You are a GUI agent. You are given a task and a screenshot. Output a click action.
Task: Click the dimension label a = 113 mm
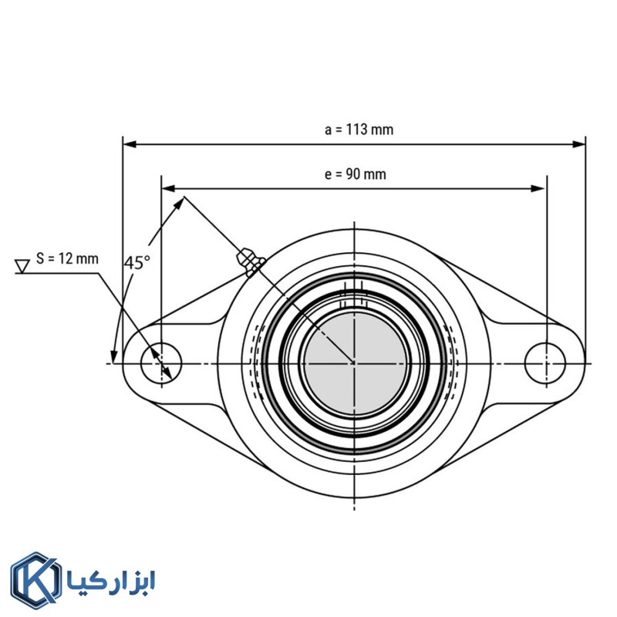pyautogui.click(x=359, y=130)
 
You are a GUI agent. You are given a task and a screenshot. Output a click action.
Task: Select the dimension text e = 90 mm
pyautogui.click(x=355, y=174)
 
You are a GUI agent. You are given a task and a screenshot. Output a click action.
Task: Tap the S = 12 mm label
pyautogui.click(x=68, y=258)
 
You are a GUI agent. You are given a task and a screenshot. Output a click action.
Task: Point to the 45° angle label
pyautogui.click(x=137, y=262)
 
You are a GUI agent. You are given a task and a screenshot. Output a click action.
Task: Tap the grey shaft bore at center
pyautogui.click(x=354, y=362)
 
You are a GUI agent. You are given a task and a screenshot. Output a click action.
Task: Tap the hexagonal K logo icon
pyautogui.click(x=35, y=580)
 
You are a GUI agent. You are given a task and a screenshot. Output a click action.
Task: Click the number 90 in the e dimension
pyautogui.click(x=353, y=174)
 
